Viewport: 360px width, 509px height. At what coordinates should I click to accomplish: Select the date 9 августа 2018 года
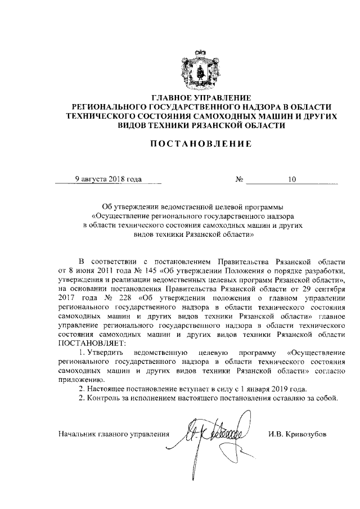109,179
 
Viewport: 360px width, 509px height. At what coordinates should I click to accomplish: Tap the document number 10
291,180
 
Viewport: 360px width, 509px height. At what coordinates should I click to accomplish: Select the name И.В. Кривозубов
298,434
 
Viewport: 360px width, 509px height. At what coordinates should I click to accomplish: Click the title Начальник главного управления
114,434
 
